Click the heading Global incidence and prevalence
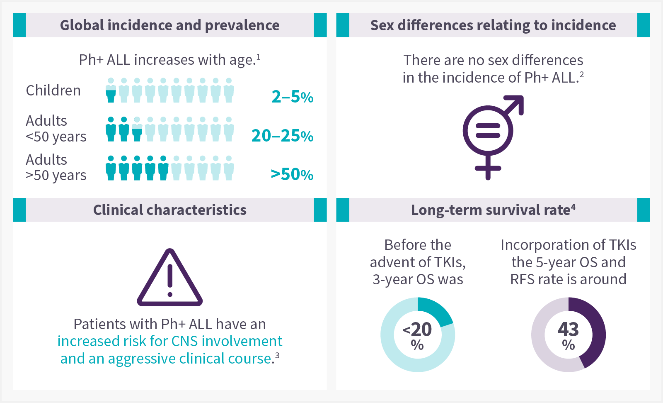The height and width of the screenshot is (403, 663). (x=169, y=25)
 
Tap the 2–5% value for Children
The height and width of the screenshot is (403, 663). (x=292, y=97)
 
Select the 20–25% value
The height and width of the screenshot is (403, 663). (x=282, y=136)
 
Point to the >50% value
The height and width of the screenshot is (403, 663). (x=292, y=174)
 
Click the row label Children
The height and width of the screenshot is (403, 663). (x=53, y=90)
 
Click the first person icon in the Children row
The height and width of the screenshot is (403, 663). (x=111, y=90)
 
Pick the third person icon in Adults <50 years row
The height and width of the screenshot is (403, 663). (x=137, y=129)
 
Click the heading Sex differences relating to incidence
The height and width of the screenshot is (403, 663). (x=493, y=25)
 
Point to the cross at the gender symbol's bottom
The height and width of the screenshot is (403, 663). (x=488, y=169)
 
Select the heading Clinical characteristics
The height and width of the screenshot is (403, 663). (x=169, y=210)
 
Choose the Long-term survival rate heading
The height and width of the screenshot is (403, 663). (x=493, y=210)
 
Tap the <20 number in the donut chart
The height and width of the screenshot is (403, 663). (x=418, y=330)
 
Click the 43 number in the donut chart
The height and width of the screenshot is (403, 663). (x=568, y=330)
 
